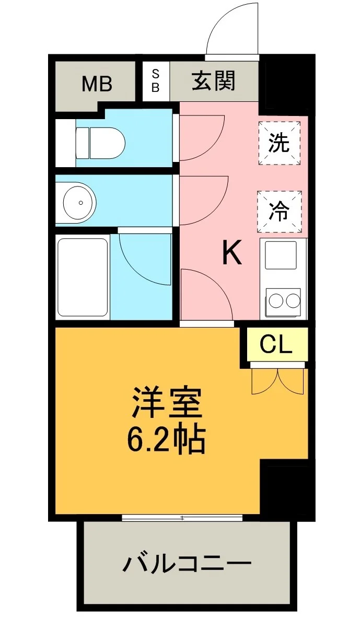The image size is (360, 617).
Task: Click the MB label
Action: [97, 84]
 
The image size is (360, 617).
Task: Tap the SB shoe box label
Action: [156, 80]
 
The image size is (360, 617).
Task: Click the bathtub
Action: [83, 276]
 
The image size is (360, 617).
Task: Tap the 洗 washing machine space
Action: [280, 143]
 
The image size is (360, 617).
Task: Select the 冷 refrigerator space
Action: [280, 212]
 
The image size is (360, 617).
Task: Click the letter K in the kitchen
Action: [232, 253]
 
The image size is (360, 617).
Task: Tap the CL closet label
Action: [276, 345]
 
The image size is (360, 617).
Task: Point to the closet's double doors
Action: [278, 380]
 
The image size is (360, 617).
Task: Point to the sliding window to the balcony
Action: [182, 517]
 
